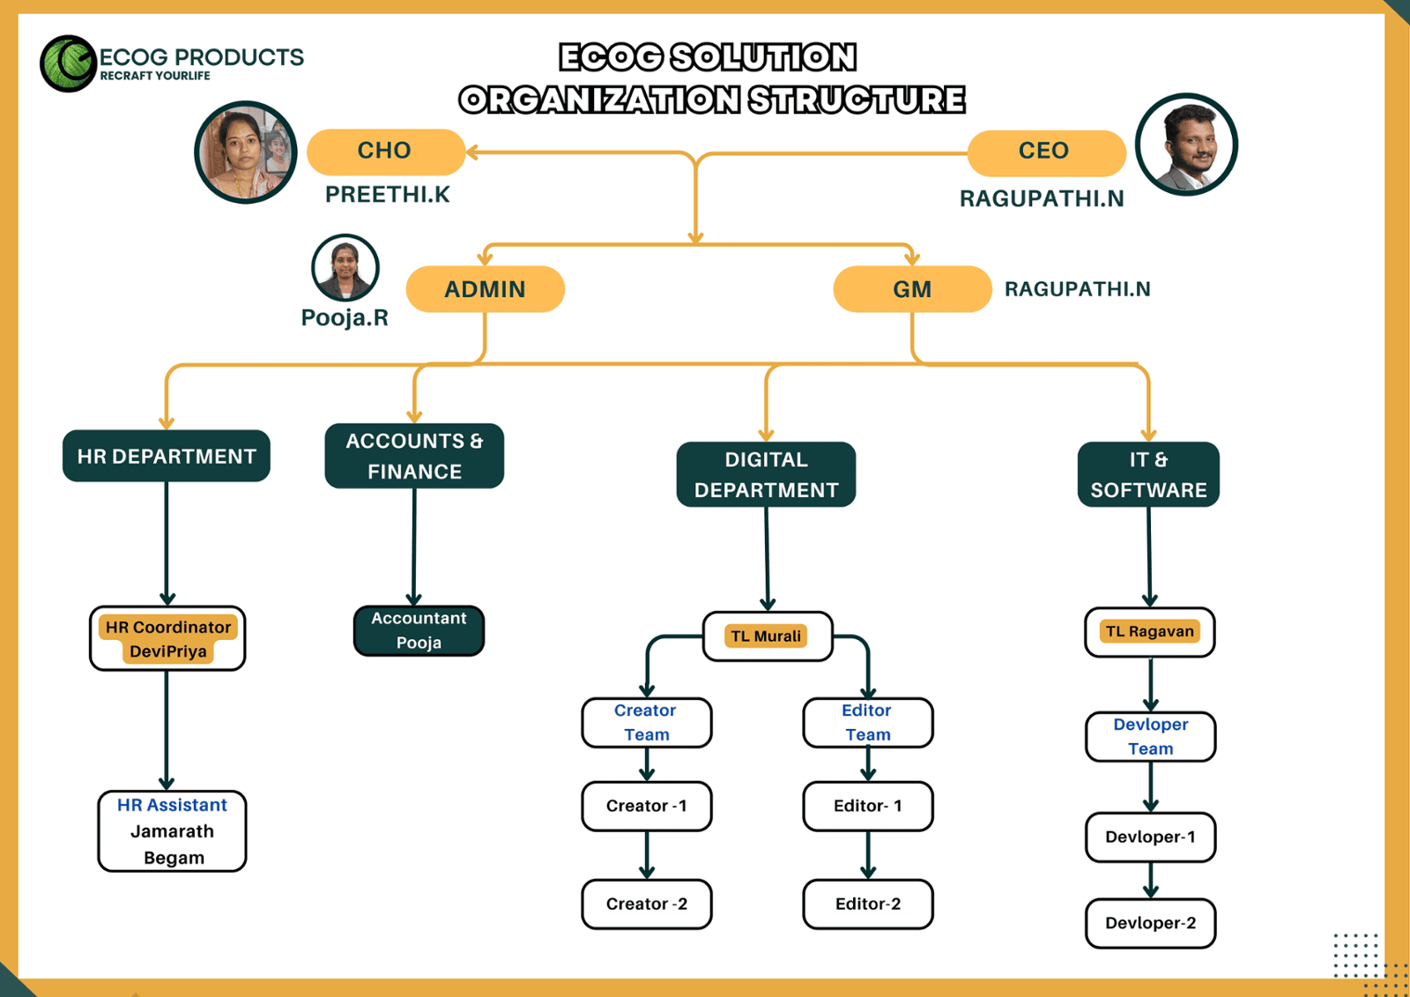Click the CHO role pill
pos(385,152)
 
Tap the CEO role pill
pos(1045,152)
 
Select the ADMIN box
pos(485,289)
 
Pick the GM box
pos(912,289)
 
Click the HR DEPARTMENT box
pos(167,456)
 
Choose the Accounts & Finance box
pos(414,456)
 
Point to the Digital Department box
pos(766,474)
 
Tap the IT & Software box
pos(1148,474)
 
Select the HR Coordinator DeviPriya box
pos(167,638)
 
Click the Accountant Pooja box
pos(419,630)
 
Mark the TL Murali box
pos(767,636)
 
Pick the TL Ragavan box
pos(1149,631)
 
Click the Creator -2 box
pos(646,904)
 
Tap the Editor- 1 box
pos(867,806)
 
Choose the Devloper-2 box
pos(1150,923)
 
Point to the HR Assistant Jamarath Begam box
pos(172,831)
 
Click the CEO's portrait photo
pos(1186,145)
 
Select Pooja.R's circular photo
pos(345,267)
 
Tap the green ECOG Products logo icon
pos(68,63)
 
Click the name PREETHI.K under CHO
pos(387,195)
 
